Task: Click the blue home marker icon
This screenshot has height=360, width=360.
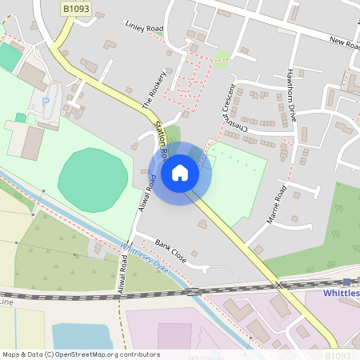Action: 180,172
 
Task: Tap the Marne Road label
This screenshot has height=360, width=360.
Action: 277,204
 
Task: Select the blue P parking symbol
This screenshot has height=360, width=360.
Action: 45,102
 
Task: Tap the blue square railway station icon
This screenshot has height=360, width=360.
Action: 346,282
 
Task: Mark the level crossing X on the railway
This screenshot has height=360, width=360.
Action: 279,285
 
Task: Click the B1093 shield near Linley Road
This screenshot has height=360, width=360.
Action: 77,8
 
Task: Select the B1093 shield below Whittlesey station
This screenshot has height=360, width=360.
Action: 338,353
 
